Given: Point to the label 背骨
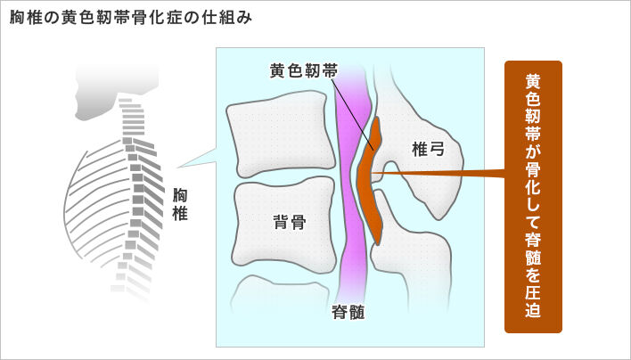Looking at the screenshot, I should (x=290, y=223).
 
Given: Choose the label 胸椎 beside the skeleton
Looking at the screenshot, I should (x=180, y=204).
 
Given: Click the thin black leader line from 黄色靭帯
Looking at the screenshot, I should (x=356, y=111).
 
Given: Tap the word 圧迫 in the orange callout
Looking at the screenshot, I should (x=533, y=299).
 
